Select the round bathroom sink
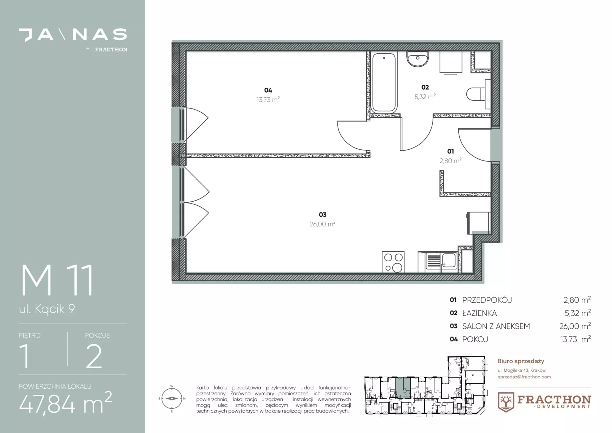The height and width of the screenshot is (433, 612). tap(417, 59)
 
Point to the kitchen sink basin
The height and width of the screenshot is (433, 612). tap(449, 260)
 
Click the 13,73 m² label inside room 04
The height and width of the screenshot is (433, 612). tap(268, 100)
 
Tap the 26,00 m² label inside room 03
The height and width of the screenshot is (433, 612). tap(323, 224)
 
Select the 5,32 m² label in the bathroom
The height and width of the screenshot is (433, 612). tap(425, 97)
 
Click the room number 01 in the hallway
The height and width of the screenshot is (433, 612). tap(450, 151)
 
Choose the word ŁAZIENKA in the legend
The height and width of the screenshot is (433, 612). tap(479, 313)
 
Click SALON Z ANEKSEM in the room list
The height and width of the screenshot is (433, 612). tap(496, 326)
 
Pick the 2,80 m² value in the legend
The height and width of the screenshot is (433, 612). tap(577, 300)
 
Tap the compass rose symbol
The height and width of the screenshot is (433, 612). tap(172, 399)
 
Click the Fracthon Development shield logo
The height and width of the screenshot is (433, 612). tap(506, 402)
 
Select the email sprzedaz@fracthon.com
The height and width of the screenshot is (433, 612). tap(524, 377)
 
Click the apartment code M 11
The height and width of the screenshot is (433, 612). tap(57, 280)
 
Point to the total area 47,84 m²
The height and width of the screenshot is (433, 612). tap(65, 404)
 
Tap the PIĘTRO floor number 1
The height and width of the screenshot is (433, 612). tap(25, 356)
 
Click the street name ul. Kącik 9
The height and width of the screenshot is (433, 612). tap(47, 309)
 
